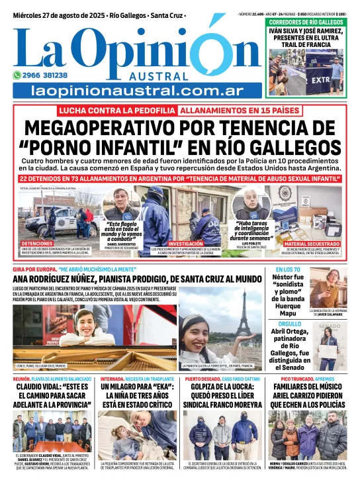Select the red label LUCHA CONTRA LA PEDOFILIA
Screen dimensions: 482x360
coord(117,111)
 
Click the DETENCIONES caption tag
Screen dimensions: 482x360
coord(37,244)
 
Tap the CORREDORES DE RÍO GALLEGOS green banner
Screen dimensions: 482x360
coord(306,23)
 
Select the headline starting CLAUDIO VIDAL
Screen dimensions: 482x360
coord(52,396)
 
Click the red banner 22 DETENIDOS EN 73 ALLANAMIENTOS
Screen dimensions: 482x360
coord(180,178)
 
